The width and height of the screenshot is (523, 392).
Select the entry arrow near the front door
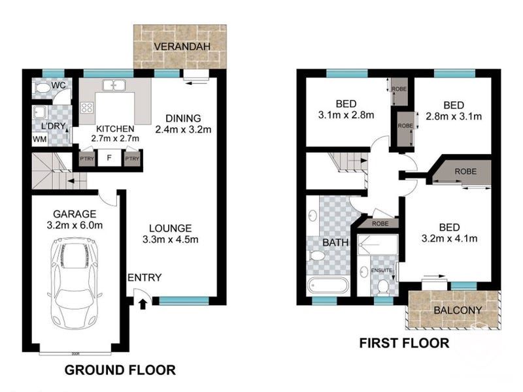click(x=144, y=302)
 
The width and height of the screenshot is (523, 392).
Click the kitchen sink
click(x=115, y=85)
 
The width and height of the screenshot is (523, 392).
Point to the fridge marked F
click(x=109, y=157)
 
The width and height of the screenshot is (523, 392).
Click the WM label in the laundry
click(x=39, y=139)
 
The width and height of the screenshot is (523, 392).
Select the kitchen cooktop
click(x=86, y=110)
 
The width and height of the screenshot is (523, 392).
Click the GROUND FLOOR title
click(x=120, y=370)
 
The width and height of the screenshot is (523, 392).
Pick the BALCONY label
click(x=458, y=310)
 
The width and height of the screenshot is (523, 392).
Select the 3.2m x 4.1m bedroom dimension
click(x=448, y=238)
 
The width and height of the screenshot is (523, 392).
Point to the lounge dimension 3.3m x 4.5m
click(x=169, y=239)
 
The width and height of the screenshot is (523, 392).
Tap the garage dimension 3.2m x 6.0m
click(x=75, y=225)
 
